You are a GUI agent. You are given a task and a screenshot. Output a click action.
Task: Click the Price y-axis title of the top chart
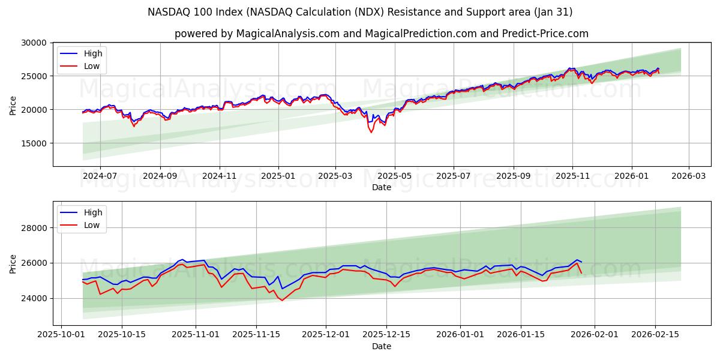click(13, 104)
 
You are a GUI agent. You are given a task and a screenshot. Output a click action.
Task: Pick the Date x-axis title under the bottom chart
click(381, 346)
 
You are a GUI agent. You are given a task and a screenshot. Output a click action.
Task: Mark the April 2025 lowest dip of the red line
click(371, 132)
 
